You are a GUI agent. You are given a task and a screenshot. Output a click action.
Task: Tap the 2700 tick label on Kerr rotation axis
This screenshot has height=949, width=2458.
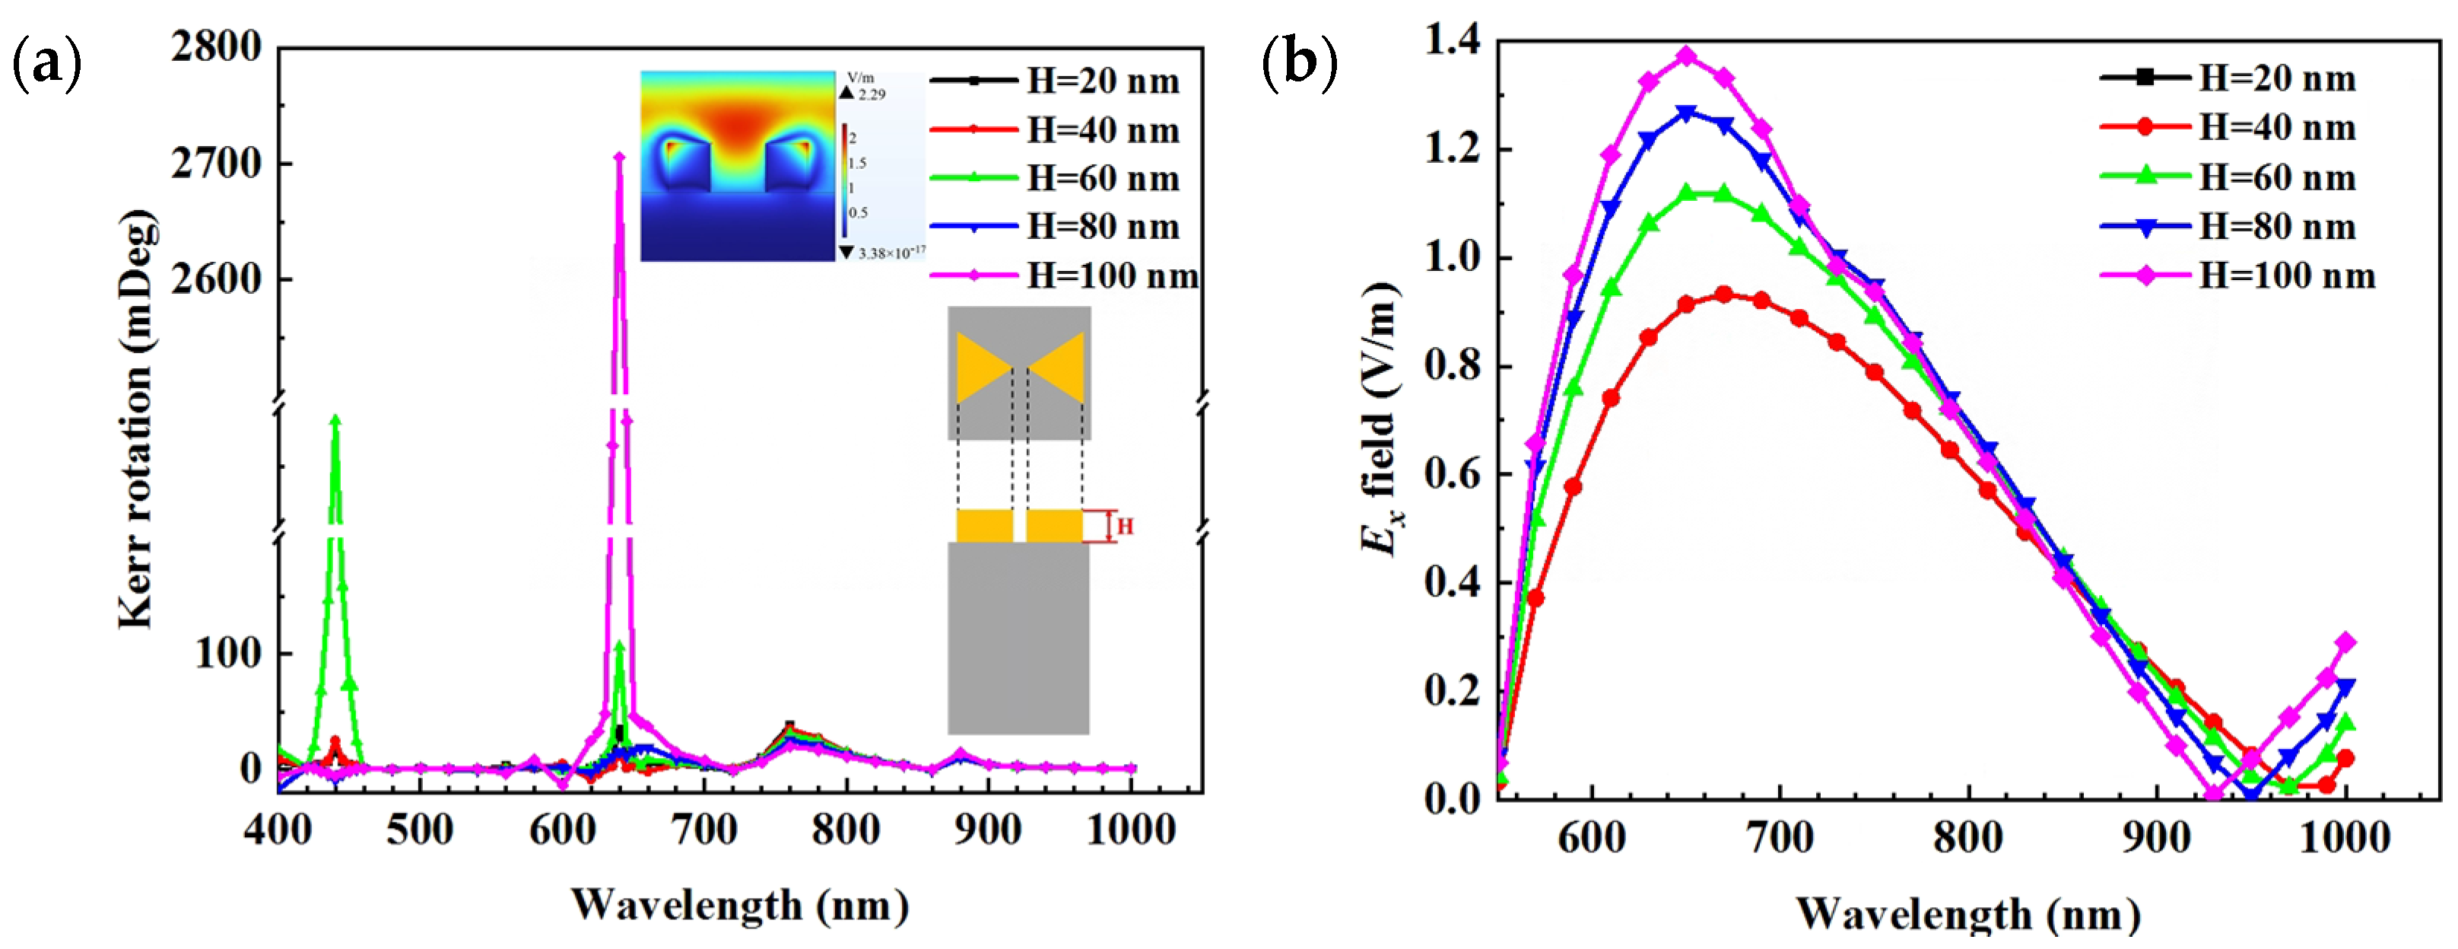coord(217,164)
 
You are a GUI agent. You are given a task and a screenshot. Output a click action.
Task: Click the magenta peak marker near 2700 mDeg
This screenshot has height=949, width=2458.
coord(619,158)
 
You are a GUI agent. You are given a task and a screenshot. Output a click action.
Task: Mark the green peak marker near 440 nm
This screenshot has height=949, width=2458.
coord(335,419)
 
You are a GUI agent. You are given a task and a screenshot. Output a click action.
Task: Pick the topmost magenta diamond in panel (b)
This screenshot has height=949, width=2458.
coord(1687,56)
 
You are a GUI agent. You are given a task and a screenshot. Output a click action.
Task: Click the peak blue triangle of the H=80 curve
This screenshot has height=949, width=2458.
coord(1687,113)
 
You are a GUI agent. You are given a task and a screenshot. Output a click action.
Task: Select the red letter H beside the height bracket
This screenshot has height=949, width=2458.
coord(1125,526)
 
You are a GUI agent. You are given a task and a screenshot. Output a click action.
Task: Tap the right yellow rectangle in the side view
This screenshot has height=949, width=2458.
coord(1054,526)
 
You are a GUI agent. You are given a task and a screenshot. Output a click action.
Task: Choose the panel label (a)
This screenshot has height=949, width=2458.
coord(46,65)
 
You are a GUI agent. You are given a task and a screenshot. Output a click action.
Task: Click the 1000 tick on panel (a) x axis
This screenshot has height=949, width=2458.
coord(1132,830)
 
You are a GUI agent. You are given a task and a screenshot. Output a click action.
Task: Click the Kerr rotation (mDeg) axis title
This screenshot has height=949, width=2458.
coord(136,420)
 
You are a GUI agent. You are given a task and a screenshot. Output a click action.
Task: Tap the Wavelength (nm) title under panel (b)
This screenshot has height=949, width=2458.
coord(1968,914)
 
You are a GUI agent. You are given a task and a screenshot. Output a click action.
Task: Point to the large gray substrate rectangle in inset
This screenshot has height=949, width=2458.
coord(1018,637)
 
